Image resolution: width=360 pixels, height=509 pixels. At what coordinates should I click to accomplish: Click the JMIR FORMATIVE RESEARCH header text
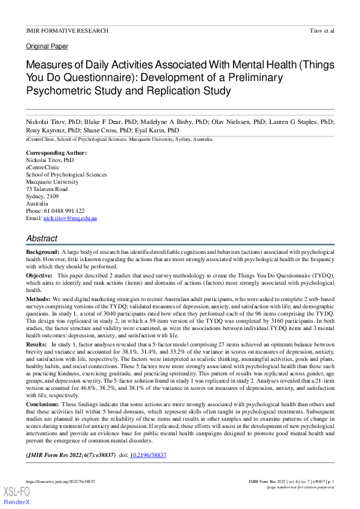[x=67, y=30]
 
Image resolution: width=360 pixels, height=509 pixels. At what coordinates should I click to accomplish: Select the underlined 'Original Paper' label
[x=47, y=46]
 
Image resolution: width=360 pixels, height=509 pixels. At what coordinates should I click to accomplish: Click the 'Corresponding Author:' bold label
[x=56, y=153]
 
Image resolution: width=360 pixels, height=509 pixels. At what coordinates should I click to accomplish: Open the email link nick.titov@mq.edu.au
[x=70, y=218]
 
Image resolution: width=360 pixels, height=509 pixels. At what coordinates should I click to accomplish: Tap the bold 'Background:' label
[x=42, y=251]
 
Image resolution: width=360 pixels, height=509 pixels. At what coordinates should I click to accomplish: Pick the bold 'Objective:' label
[x=39, y=275]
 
